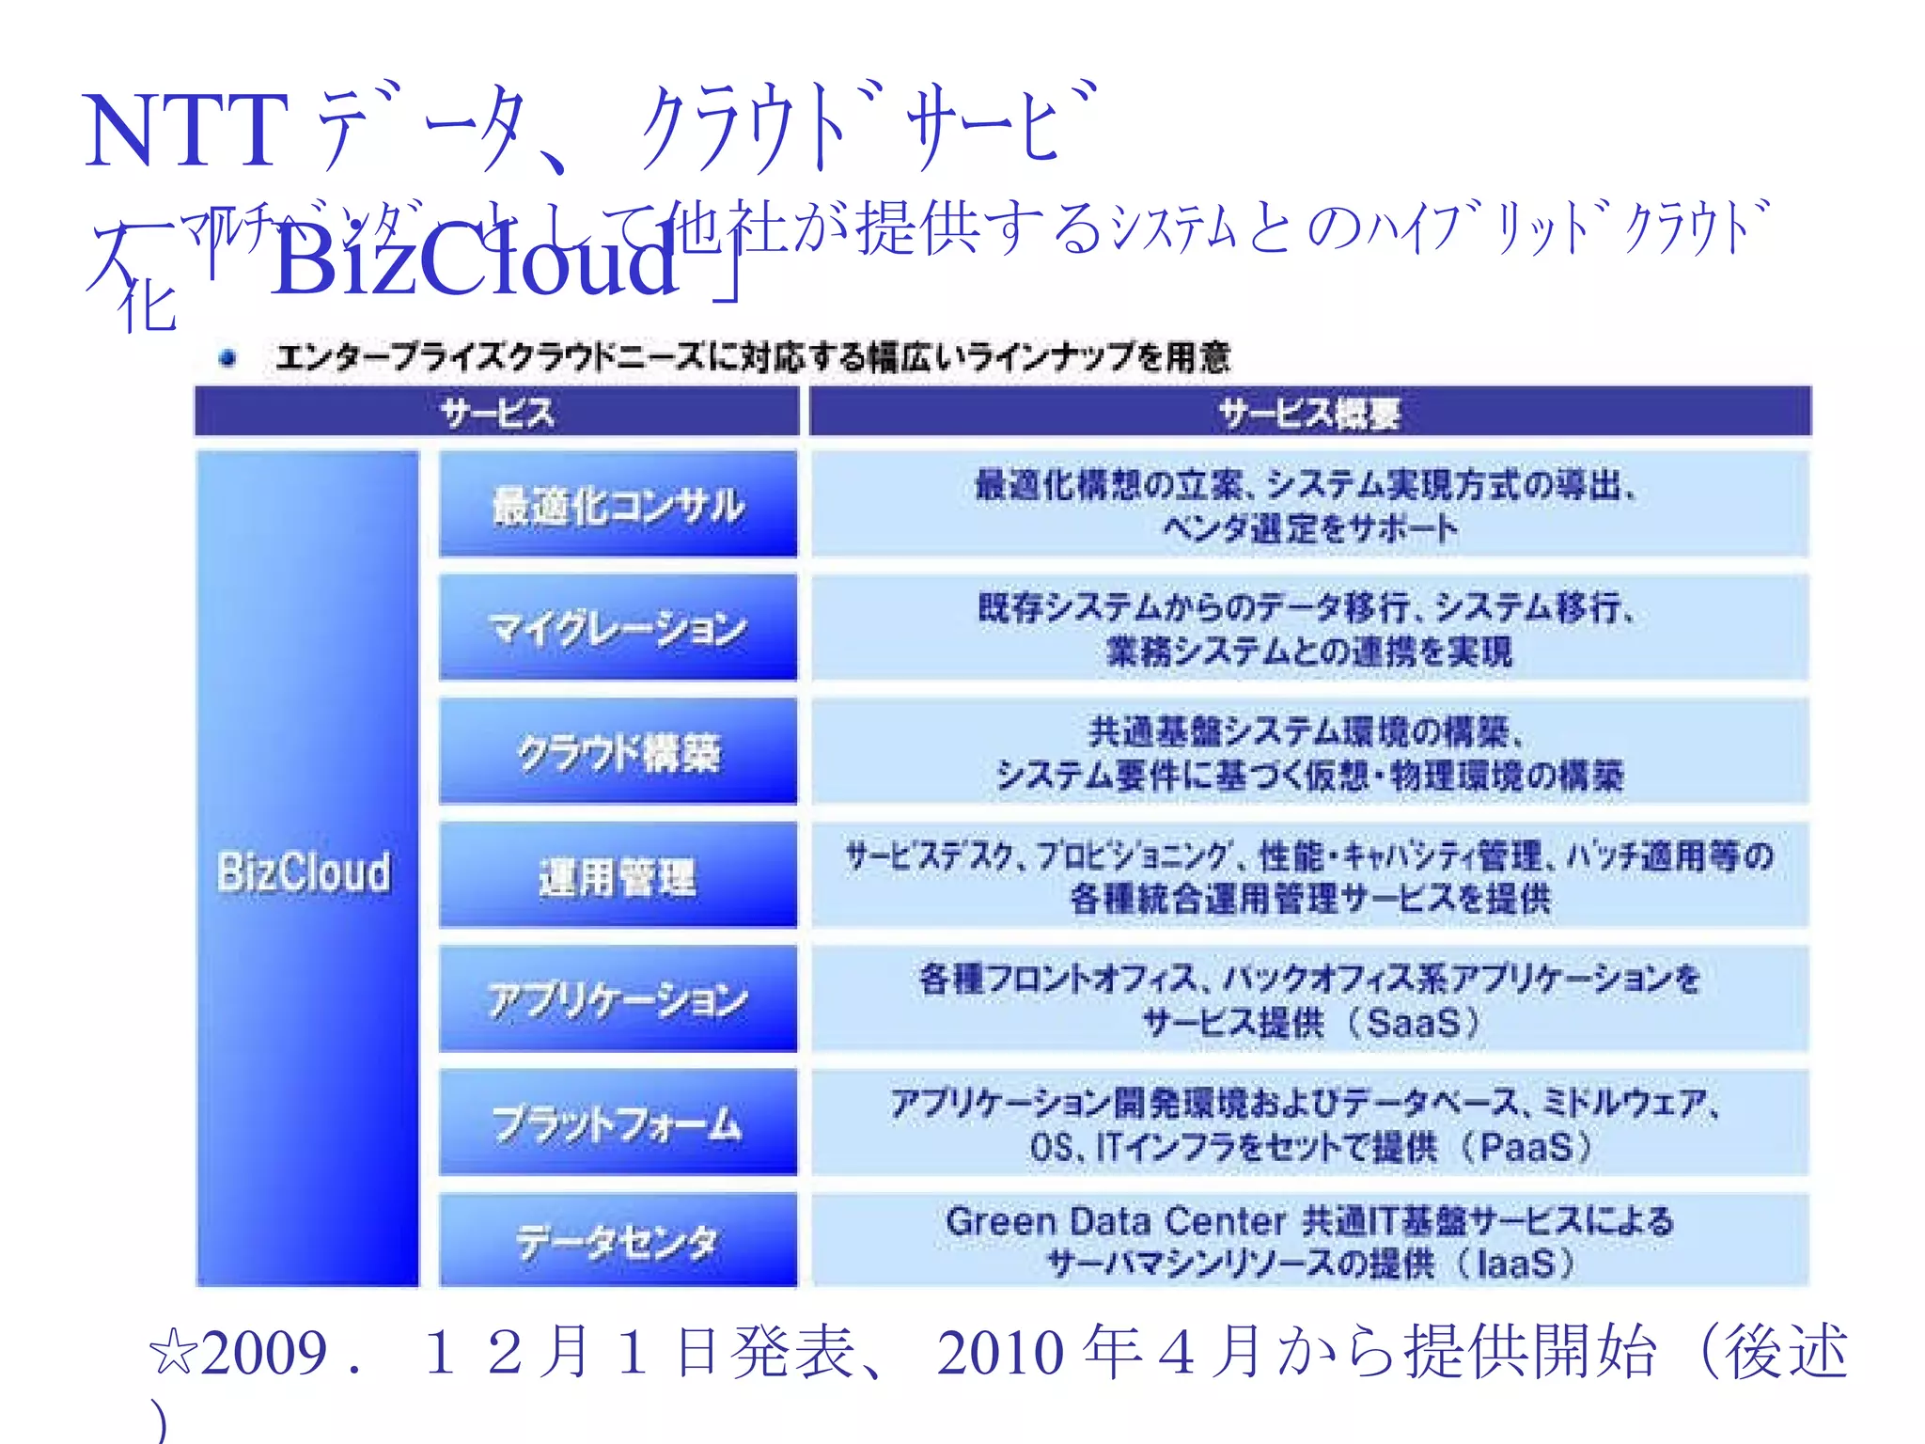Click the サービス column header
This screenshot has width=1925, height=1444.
coord(496,413)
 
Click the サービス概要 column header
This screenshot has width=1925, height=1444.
coord(1309,413)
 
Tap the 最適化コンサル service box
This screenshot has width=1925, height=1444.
coord(618,505)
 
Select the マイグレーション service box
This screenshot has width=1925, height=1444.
coord(618,628)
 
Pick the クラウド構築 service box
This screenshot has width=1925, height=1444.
coord(618,752)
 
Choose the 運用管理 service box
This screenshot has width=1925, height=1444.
coord(618,876)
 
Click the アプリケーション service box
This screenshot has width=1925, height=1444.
coord(618,999)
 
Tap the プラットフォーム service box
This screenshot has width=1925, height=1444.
coord(618,1123)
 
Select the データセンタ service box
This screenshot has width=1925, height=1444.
coord(618,1241)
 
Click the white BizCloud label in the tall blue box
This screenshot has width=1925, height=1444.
coord(305,871)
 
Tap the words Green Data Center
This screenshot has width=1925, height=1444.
coord(1115,1221)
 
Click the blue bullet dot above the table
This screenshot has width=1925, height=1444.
coord(227,357)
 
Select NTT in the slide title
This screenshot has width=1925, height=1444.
coord(185,133)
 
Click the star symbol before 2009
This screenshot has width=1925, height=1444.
coord(173,1355)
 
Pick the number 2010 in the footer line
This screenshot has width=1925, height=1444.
coord(999,1354)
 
